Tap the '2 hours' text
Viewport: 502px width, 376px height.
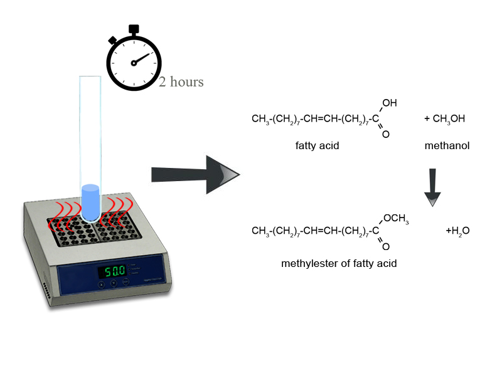pyautogui.click(x=181, y=82)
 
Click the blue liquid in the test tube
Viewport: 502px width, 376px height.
pyautogui.click(x=91, y=203)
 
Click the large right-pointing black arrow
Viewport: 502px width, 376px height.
pyautogui.click(x=195, y=174)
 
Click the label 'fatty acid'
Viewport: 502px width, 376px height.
pyautogui.click(x=317, y=146)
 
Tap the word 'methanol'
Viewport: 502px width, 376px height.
pyautogui.click(x=447, y=146)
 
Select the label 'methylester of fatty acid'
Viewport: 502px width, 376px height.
pyautogui.click(x=339, y=264)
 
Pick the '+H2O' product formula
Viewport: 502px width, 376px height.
pyautogui.click(x=457, y=231)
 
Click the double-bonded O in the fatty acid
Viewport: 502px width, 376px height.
pyautogui.click(x=385, y=133)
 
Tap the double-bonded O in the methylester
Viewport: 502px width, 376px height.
pyautogui.click(x=385, y=247)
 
